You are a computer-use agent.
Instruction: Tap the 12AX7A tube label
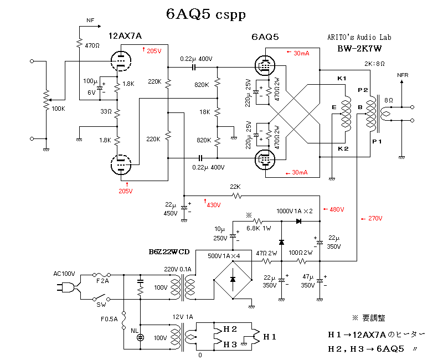coord(126,36)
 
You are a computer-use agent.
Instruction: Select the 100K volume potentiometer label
coord(58,109)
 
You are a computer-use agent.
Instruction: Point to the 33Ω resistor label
coord(105,111)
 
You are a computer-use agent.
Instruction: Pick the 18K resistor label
coord(204,112)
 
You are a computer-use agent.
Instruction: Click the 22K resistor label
coord(236,186)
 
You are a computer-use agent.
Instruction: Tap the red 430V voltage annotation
coord(213,204)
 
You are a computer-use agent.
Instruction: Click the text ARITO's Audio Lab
coord(359,37)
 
